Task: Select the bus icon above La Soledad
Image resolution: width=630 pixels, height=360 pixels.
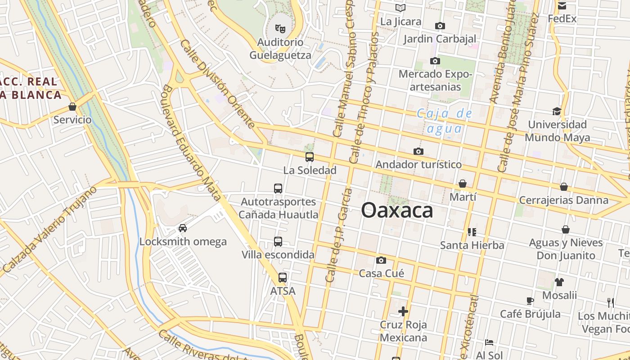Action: (x=310, y=157)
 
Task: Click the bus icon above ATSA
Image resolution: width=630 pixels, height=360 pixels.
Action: (x=283, y=278)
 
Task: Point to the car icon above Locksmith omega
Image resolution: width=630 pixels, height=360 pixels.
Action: (x=183, y=228)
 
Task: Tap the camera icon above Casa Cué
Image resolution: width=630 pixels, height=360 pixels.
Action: (x=381, y=260)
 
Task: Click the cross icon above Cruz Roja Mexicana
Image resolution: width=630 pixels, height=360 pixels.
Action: (x=403, y=311)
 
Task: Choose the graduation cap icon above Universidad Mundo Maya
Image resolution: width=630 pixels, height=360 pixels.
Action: (x=557, y=111)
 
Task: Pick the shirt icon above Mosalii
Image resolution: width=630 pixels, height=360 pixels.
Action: (x=559, y=282)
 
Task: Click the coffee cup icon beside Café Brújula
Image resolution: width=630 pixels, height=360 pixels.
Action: (x=530, y=301)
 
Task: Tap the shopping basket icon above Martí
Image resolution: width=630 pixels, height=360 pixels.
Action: (x=463, y=184)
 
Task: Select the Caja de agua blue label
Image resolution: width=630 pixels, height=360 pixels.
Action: (x=445, y=121)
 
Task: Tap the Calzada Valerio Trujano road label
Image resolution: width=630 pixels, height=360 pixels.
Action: (x=49, y=229)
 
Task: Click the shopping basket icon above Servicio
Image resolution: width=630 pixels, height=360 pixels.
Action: (x=72, y=107)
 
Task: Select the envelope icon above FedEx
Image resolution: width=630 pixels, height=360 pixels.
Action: (x=562, y=6)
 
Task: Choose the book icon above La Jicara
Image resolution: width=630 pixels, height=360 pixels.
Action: (x=400, y=8)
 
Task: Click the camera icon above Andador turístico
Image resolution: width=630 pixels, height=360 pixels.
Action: (x=418, y=151)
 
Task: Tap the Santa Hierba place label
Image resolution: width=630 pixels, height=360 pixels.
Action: (x=472, y=245)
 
